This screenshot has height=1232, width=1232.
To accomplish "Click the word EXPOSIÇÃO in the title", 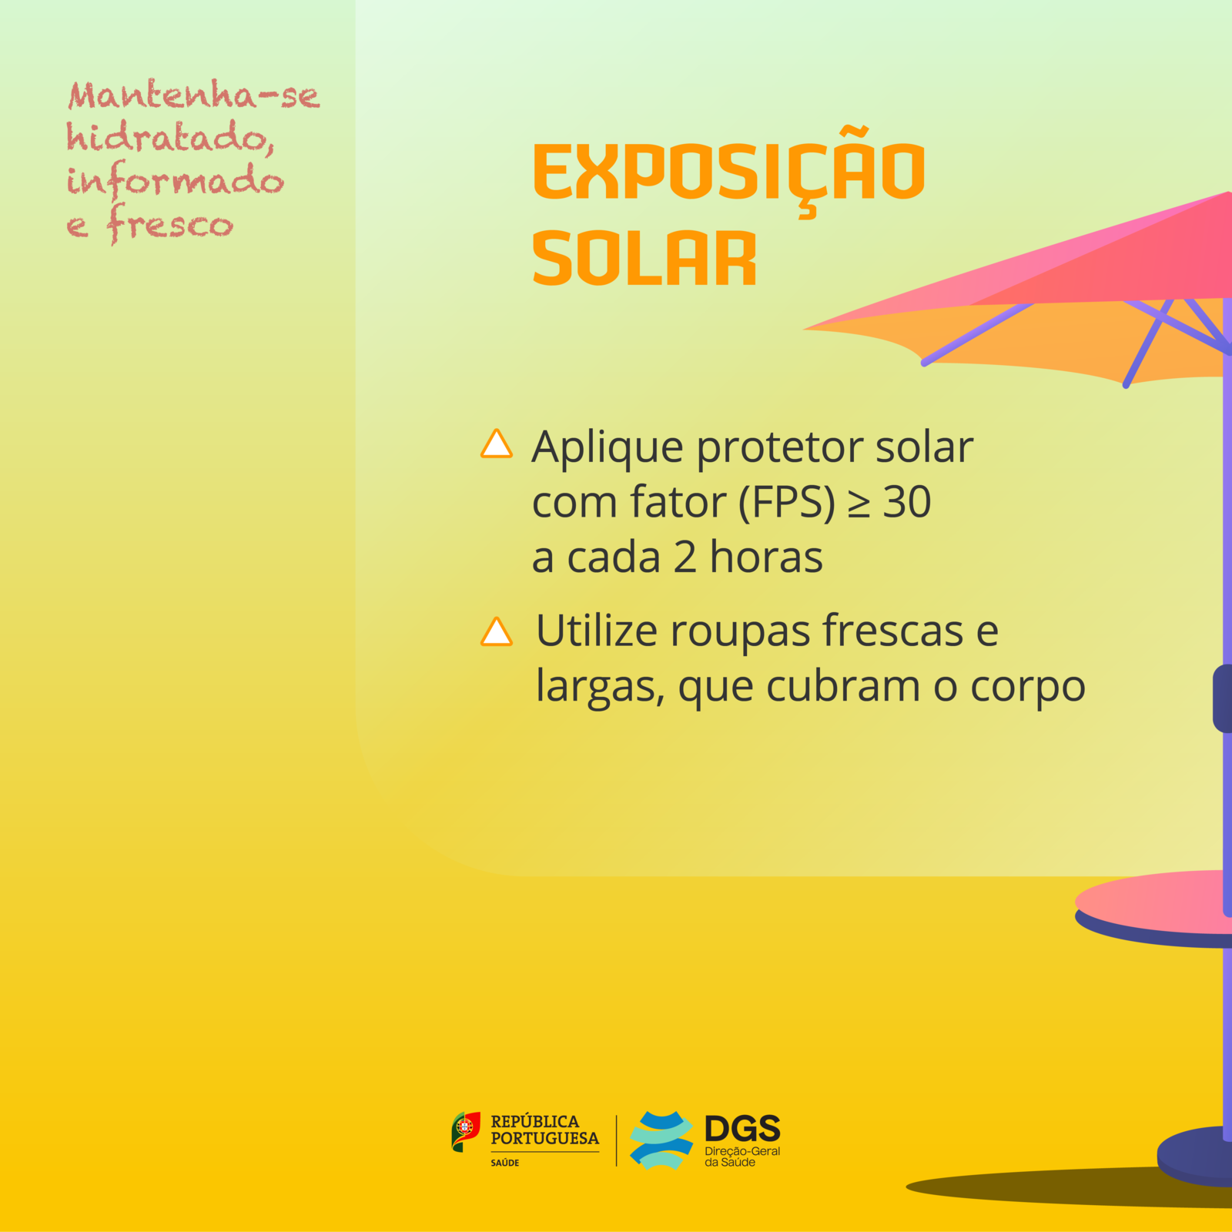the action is pos(728,171).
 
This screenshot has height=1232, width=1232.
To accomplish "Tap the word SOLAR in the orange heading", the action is pos(644,259).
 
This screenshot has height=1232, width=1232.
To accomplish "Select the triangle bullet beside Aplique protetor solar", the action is pos(497,444).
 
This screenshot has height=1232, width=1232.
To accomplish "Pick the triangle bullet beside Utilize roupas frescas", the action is pos(497,631).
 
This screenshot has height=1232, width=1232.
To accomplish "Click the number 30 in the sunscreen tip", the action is pos(907,502).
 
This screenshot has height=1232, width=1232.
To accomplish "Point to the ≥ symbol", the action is pos(859,504).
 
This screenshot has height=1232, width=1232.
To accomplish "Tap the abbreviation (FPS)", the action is pos(787,504).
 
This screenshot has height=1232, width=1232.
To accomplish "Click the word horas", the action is pos(766,557).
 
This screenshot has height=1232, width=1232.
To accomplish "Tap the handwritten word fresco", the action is pos(169,224).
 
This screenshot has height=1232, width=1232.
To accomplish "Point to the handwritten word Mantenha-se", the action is pos(193,95).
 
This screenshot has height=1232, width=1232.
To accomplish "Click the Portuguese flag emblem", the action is pos(465,1132).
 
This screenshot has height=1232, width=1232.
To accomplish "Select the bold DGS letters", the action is pos(742,1129).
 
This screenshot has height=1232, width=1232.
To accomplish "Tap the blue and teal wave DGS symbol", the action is pos(661,1140).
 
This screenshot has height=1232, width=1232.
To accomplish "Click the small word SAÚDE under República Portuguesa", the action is pos(505,1163).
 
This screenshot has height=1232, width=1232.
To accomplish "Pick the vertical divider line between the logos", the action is pos(616,1140).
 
